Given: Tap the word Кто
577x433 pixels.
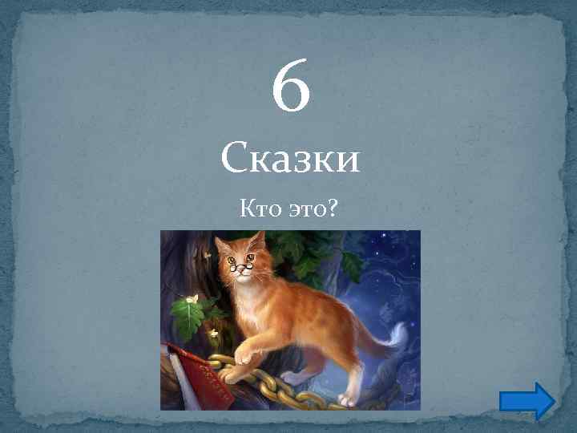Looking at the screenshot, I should pyautogui.click(x=258, y=210).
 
